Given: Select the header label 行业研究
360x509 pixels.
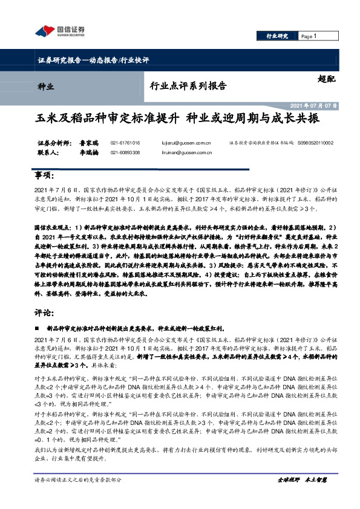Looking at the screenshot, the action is (x=278, y=37).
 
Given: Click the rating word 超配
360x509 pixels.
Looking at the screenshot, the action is (x=326, y=79).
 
